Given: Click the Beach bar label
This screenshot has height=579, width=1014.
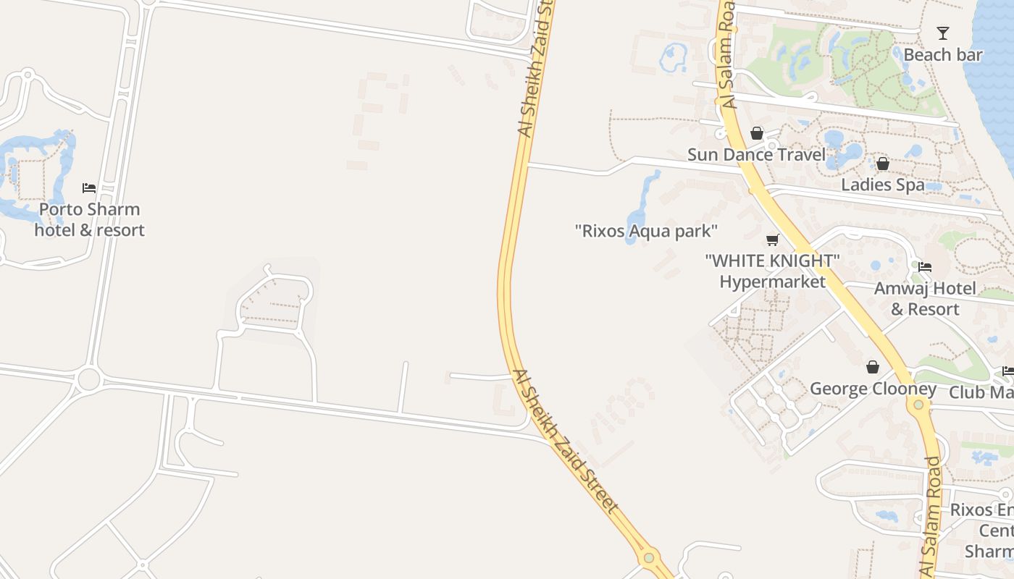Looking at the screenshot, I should (x=943, y=55).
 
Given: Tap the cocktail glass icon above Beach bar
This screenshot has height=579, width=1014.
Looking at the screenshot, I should (x=942, y=33).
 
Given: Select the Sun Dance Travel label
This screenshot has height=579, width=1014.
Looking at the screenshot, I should (x=756, y=154).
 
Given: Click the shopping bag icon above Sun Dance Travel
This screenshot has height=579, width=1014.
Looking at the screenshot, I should (x=757, y=133).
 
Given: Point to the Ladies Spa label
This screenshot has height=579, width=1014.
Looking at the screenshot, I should (x=882, y=185).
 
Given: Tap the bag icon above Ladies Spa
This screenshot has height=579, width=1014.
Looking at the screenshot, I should (x=882, y=164).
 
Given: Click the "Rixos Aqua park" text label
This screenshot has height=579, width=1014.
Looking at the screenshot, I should (x=646, y=232).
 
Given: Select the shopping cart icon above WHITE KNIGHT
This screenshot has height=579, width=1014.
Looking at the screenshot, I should (x=773, y=240).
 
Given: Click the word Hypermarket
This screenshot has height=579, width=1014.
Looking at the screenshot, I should (x=773, y=282).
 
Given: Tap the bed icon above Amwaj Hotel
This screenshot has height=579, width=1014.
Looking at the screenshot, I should (x=925, y=267).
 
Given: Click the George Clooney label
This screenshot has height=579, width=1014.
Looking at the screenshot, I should (x=873, y=389).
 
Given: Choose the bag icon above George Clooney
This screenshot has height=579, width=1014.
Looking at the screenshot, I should (x=873, y=367).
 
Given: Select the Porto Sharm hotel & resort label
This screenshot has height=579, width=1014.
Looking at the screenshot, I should (x=90, y=219).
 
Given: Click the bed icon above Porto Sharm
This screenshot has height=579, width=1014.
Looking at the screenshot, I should (x=89, y=188).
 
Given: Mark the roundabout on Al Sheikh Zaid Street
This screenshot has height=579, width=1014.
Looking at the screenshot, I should (x=649, y=558).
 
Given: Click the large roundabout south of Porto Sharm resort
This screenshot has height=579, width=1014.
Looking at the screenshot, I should (x=88, y=379).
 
